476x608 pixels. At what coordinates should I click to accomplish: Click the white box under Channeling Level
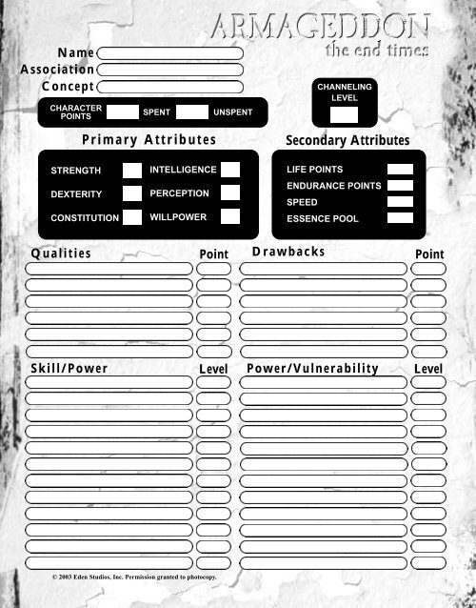(344, 115)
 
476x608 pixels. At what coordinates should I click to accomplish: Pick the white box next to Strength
(132, 171)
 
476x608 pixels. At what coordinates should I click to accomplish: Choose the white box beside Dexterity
(132, 193)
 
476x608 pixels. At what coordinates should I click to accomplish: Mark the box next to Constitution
(132, 217)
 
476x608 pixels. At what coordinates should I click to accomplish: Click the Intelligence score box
(229, 170)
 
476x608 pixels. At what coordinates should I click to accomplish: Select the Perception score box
(229, 193)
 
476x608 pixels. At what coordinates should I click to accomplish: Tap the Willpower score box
(229, 216)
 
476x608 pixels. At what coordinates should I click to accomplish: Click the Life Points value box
(400, 170)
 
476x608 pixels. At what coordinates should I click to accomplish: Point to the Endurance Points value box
(400, 186)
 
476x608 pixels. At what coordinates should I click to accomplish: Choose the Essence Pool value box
(400, 218)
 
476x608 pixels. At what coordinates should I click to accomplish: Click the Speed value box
(400, 202)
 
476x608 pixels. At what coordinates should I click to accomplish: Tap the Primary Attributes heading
(149, 139)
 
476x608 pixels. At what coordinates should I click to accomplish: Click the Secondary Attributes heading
(347, 140)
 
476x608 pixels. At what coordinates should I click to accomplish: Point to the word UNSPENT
(233, 112)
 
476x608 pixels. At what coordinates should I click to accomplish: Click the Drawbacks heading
(288, 252)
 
